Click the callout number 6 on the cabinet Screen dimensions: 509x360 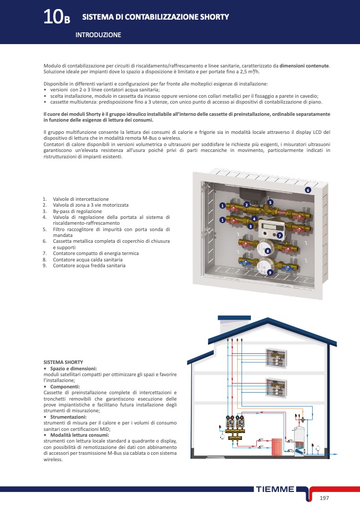(x=307, y=190)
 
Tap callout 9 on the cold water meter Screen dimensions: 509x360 (x=270, y=272)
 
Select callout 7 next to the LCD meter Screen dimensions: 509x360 (x=279, y=235)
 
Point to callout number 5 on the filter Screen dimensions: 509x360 (x=270, y=202)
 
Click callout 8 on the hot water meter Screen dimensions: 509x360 (x=267, y=250)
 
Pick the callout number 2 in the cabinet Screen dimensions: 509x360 (x=246, y=205)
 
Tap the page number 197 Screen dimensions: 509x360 (x=325, y=497)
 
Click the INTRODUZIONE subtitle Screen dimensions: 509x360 (x=98, y=35)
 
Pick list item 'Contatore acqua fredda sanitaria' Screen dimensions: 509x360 (x=89, y=265)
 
